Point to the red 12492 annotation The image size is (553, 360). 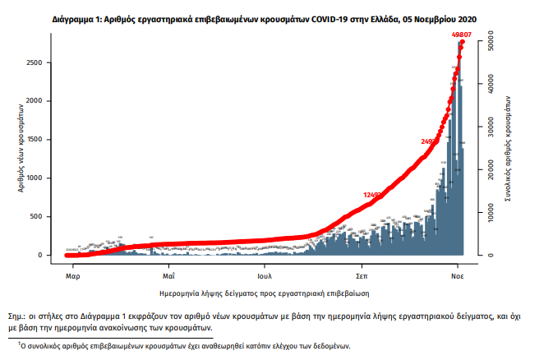click(373, 195)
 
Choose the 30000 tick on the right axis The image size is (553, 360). click(486, 126)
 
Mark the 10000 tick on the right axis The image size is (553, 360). click(486, 212)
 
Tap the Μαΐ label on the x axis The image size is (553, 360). click(168, 268)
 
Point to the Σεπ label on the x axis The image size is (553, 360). click(361, 268)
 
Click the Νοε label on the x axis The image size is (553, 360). click(458, 268)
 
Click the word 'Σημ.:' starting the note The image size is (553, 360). click(19, 316)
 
